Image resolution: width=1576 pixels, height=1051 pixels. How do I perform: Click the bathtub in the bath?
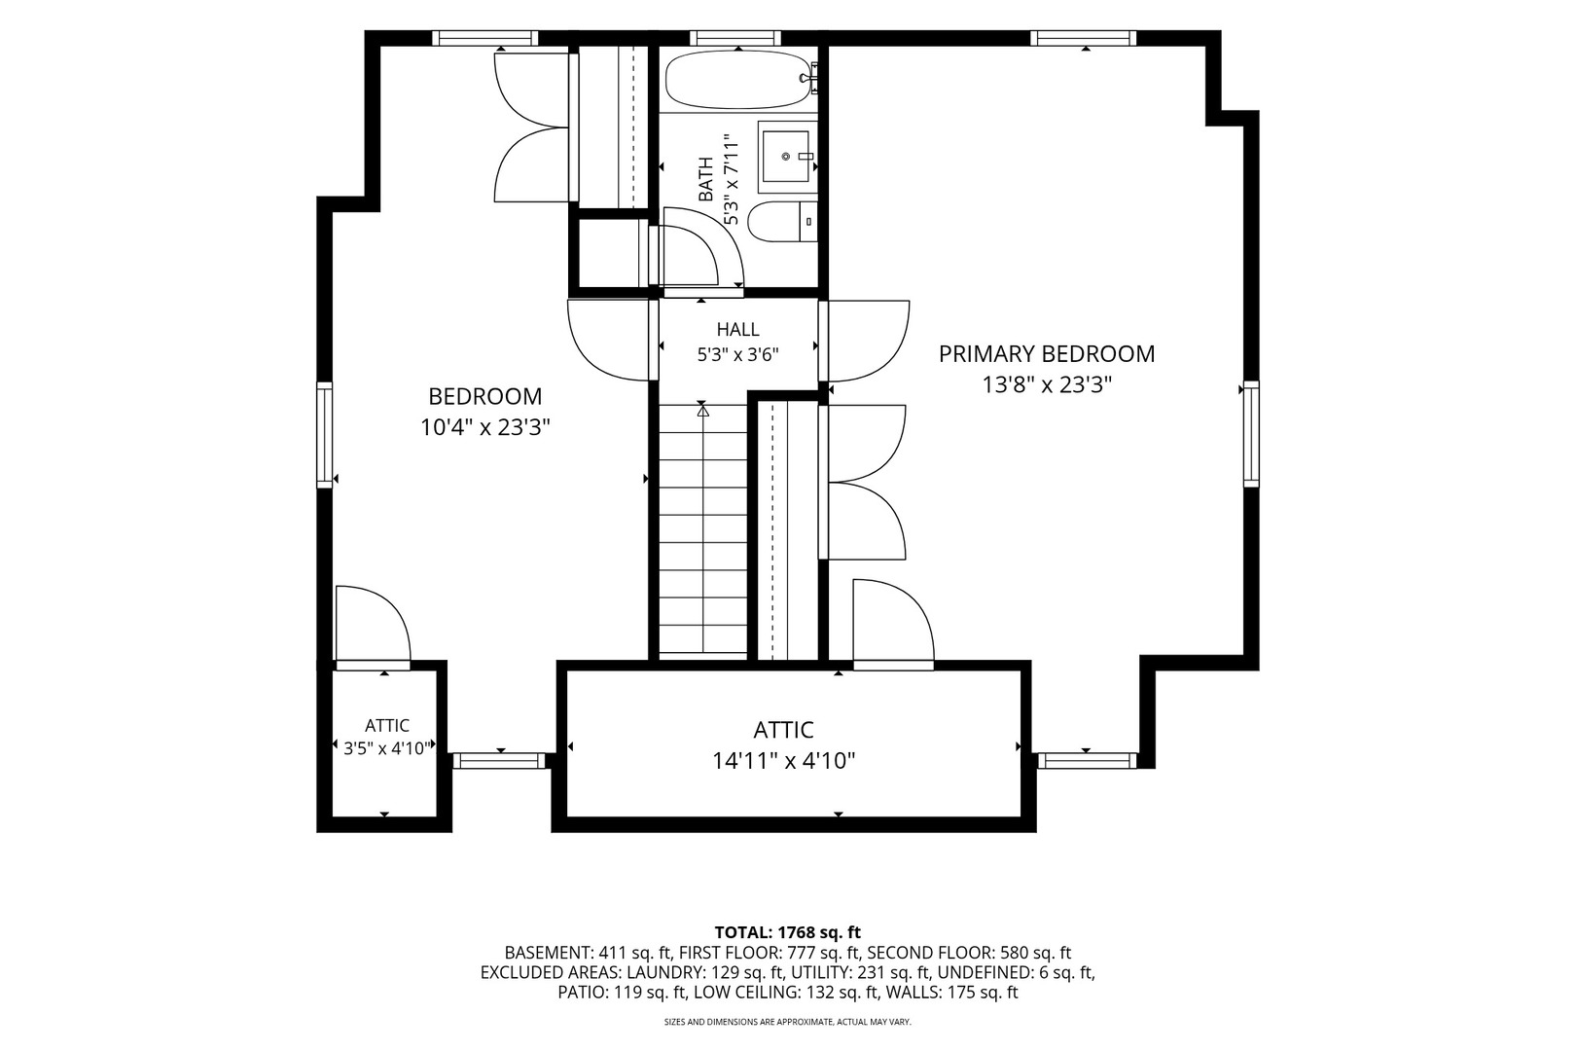(x=741, y=79)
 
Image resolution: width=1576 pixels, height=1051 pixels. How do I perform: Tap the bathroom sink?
(x=787, y=157)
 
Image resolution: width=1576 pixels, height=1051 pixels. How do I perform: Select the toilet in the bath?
(x=782, y=222)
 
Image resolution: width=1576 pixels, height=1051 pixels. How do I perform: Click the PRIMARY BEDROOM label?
(x=1047, y=353)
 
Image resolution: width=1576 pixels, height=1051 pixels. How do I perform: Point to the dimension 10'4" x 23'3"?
(x=484, y=427)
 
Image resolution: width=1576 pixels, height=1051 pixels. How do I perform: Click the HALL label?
(x=738, y=329)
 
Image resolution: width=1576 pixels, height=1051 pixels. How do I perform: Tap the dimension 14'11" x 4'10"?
(x=784, y=761)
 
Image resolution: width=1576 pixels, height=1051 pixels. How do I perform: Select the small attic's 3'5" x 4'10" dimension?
(x=386, y=748)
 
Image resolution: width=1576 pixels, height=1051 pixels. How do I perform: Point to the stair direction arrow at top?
(x=702, y=410)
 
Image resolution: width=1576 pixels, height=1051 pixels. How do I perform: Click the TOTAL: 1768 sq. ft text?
(x=787, y=932)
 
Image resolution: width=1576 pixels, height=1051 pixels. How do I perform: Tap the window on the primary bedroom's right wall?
(x=1251, y=434)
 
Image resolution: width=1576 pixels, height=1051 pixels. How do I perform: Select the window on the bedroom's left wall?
(x=324, y=434)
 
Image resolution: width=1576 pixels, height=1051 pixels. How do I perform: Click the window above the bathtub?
(x=735, y=38)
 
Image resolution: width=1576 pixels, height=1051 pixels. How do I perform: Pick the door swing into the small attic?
(x=373, y=624)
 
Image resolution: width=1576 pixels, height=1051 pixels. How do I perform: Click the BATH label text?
(x=705, y=179)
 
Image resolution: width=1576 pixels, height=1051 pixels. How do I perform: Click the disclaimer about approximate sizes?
(x=787, y=1022)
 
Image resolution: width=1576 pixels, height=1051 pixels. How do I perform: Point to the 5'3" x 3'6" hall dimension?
(x=738, y=355)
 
